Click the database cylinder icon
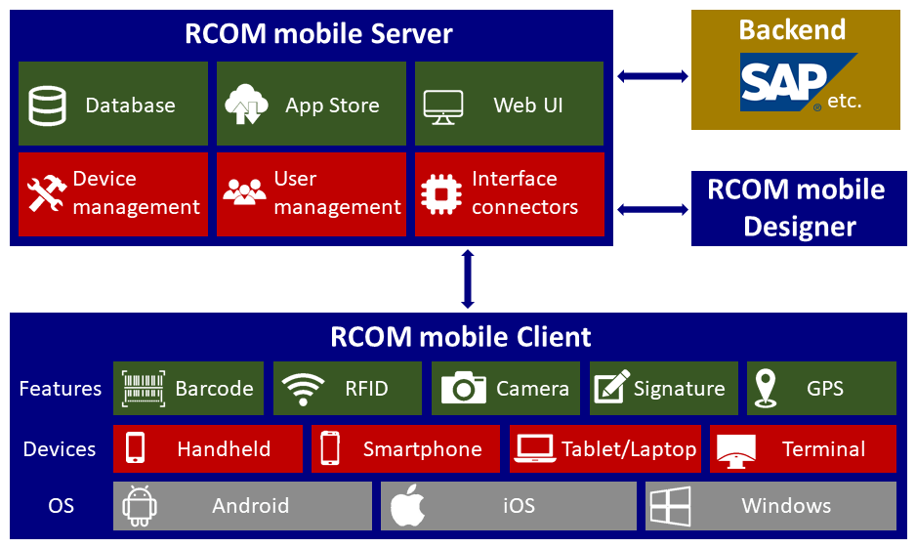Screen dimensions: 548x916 (47, 105)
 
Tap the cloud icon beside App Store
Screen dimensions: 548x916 (245, 105)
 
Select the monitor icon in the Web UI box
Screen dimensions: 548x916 (443, 105)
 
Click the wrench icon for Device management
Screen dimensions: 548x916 (46, 193)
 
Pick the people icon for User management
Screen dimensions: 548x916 (244, 191)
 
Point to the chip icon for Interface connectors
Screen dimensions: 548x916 (441, 192)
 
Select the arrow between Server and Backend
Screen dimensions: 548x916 (653, 75)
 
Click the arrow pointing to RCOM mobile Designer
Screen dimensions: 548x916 (653, 209)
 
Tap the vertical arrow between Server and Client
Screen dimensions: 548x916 (467, 279)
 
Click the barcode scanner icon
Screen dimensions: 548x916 (144, 388)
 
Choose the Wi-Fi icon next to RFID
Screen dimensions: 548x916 (303, 389)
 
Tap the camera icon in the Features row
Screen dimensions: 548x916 (464, 388)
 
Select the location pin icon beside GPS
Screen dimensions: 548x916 (766, 388)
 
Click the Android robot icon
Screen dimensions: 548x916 (140, 506)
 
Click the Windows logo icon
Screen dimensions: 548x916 (671, 506)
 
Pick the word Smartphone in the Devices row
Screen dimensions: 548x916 (422, 449)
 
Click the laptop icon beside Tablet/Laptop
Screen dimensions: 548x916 (535, 449)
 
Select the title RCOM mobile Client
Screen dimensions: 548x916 (461, 337)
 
